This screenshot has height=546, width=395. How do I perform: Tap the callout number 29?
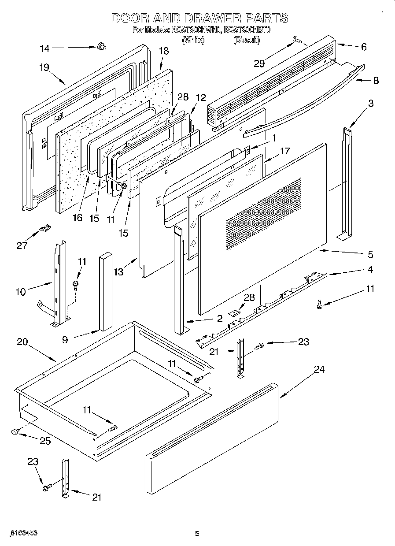click(259, 63)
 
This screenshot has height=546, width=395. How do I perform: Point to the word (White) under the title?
click(193, 40)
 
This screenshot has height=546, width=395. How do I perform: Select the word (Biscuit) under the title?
click(247, 40)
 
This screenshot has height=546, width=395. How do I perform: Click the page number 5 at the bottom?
click(197, 534)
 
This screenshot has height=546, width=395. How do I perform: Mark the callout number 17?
click(284, 151)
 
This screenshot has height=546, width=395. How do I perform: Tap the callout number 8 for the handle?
click(376, 81)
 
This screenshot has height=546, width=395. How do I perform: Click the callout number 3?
click(371, 104)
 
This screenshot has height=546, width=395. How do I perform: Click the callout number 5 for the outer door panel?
click(370, 254)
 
